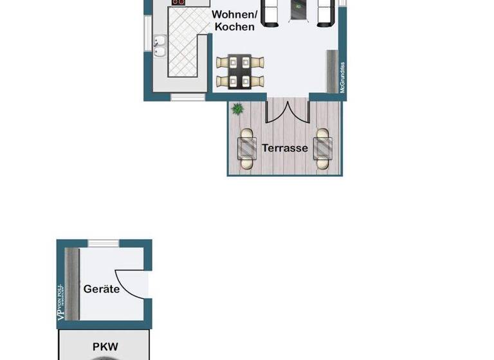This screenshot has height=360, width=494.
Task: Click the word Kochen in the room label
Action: coord(235,27)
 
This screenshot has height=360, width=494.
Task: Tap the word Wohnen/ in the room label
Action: coord(235,14)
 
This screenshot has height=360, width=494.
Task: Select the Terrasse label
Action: coord(285,148)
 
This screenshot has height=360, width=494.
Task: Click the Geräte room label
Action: coord(102,289)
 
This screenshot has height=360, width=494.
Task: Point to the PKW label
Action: coord(105,346)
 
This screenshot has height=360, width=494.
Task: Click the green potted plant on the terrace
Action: coord(238,109)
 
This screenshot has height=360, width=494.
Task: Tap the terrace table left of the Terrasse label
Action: coord(247,147)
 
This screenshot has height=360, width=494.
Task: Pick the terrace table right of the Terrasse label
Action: coord(322,147)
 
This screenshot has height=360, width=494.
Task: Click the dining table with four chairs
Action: coord(241,71)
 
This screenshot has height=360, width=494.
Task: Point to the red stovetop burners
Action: coord(178,3)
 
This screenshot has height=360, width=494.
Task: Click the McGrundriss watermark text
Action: coord(343,77)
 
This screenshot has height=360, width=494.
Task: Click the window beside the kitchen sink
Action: coord(147,35)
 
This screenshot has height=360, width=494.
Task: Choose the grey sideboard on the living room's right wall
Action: coord(333,71)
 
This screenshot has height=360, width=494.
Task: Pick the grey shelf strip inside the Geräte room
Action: coord(71,283)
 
